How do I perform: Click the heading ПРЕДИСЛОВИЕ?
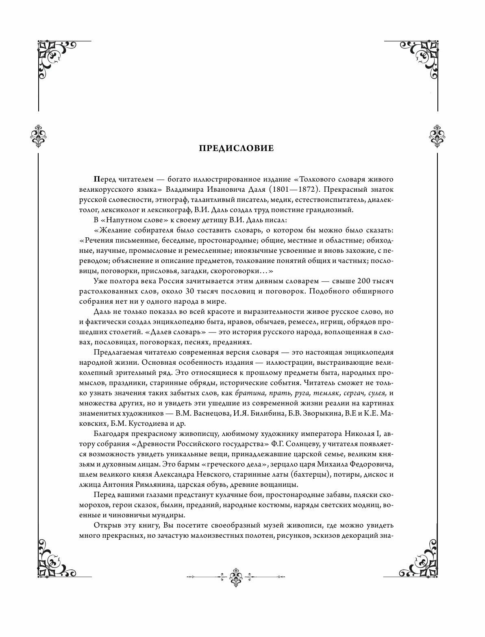point(236,148)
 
